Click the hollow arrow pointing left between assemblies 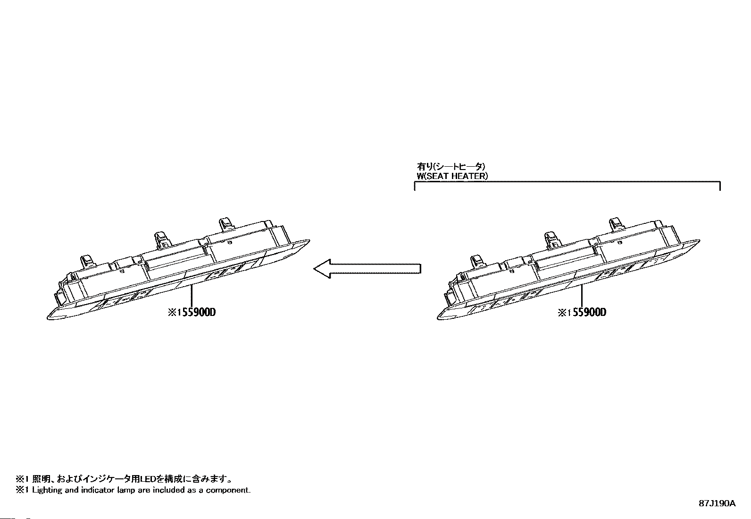click(367, 269)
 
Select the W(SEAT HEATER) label click(452, 176)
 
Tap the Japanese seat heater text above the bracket click(451, 166)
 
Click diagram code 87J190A click(717, 503)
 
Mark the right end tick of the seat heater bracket click(720, 186)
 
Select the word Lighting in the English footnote click(47, 490)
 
